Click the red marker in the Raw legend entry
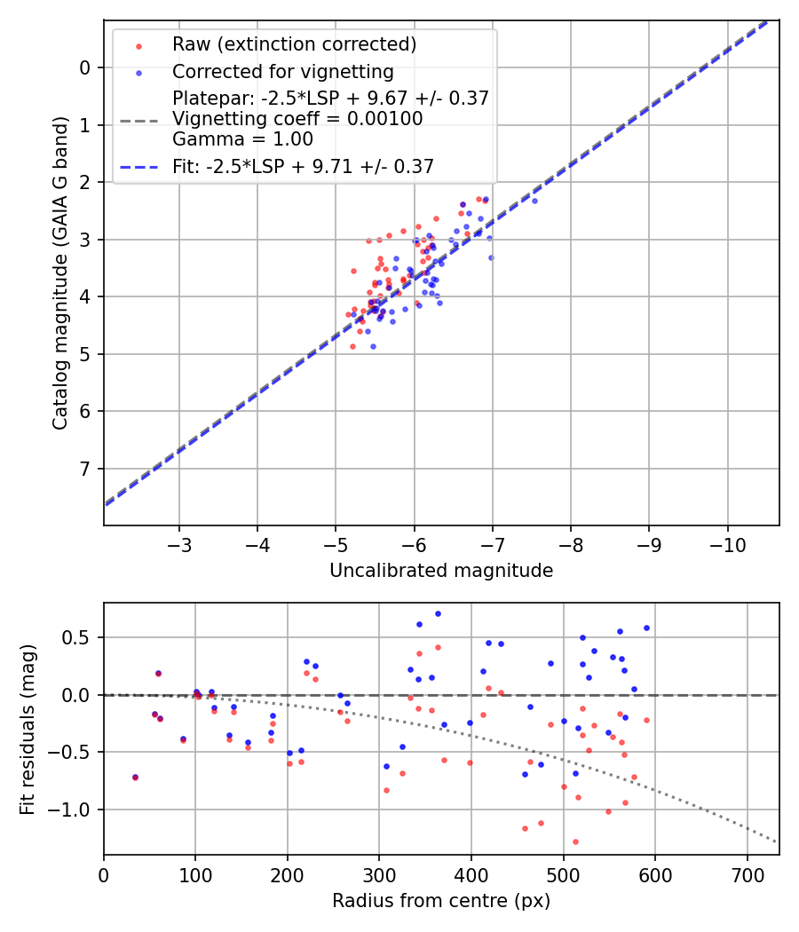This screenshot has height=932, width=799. [x=137, y=44]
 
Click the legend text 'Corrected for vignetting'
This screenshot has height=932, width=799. [x=282, y=72]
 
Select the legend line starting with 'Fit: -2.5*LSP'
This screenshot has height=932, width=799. [x=303, y=166]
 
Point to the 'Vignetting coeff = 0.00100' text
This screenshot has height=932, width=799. [x=297, y=119]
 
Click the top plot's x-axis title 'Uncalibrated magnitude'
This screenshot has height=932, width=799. [x=441, y=571]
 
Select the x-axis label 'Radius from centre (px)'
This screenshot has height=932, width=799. [x=441, y=901]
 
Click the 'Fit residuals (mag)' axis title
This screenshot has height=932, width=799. [x=28, y=729]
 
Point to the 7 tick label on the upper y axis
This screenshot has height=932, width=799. [x=85, y=469]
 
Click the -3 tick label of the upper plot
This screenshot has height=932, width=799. [x=179, y=544]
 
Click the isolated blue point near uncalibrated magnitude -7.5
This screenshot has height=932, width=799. [x=534, y=201]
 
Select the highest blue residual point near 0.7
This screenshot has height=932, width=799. [x=438, y=613]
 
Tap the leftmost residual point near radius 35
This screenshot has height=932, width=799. [x=135, y=777]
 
